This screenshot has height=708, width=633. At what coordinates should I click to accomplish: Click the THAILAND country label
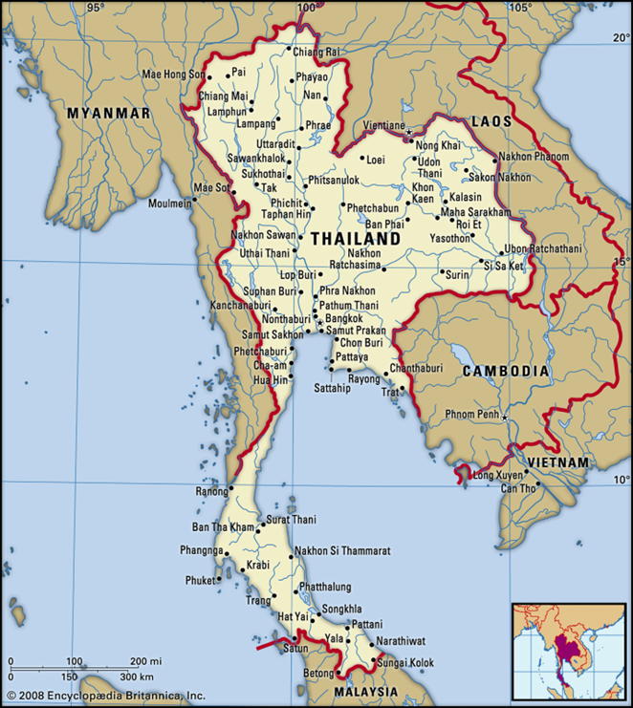(x=356, y=238)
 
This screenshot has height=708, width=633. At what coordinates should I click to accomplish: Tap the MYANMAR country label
(x=108, y=113)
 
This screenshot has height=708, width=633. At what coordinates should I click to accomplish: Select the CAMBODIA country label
(x=506, y=371)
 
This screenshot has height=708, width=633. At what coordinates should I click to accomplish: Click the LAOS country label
(x=491, y=121)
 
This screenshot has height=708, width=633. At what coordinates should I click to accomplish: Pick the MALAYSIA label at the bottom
(x=365, y=691)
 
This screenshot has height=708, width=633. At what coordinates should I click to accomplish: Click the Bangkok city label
(x=343, y=318)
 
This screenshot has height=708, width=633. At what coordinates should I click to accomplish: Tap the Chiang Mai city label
(x=223, y=97)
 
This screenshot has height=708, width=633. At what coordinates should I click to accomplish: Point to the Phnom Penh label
(x=473, y=414)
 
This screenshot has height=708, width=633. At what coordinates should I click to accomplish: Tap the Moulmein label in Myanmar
(x=169, y=204)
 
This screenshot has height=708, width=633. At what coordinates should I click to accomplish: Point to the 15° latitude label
(x=622, y=261)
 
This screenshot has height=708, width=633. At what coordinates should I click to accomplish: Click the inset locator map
(x=568, y=651)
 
